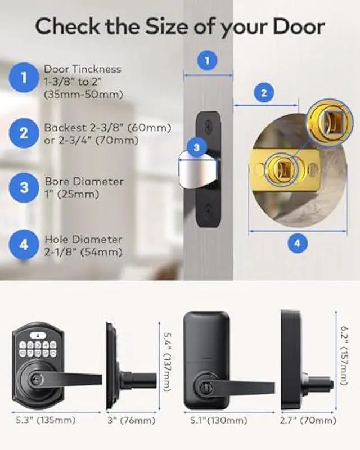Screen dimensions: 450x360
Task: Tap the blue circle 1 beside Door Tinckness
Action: tap(24, 78)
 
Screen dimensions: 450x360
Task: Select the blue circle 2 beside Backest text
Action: tap(24, 133)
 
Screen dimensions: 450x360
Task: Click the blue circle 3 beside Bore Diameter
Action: tap(24, 188)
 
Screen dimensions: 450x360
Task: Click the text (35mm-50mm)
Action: tap(83, 94)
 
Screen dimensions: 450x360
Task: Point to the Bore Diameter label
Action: tap(83, 182)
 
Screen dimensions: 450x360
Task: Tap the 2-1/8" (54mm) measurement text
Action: tap(83, 252)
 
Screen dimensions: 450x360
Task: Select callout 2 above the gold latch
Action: tap(264, 93)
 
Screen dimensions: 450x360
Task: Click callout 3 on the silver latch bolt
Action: tap(196, 148)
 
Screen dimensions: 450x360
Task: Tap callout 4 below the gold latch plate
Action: tap(298, 244)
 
